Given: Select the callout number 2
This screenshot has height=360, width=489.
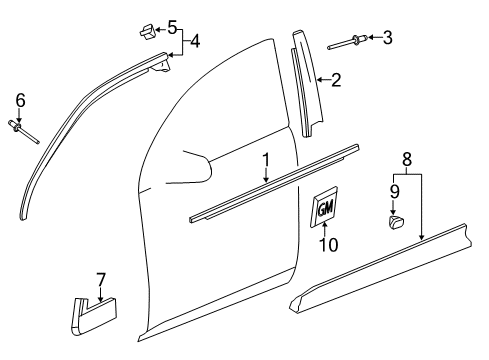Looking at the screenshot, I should tap(337, 80).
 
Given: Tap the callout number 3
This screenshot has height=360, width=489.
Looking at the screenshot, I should tap(388, 38).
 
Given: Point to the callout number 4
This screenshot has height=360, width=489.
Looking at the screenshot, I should tap(196, 41).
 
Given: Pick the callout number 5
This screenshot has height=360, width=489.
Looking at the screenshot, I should tap(172, 25).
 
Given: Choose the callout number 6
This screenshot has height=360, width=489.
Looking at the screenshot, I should tap(19, 99).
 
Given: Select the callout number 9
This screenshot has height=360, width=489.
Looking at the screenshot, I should tap(394, 189).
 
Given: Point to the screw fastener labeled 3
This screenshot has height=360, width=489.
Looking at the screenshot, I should tap(354, 41).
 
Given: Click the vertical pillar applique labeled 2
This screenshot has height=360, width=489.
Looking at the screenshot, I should tap(306, 80).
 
